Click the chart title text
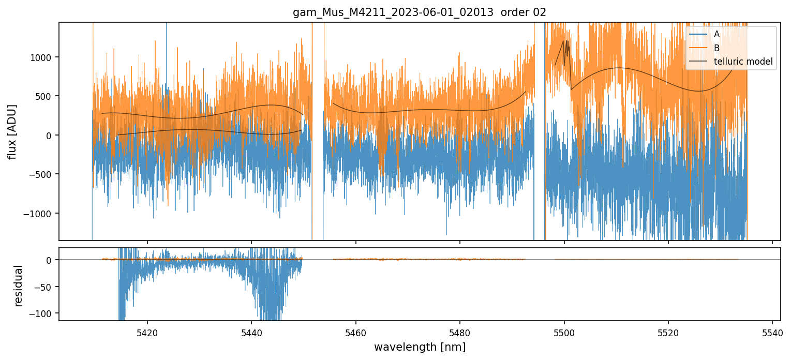(420, 12)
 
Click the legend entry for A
(717, 34)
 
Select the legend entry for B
(717, 48)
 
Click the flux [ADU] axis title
(12, 131)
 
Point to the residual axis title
(19, 286)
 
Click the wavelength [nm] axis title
(420, 347)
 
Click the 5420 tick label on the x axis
(147, 332)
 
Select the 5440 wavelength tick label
(251, 332)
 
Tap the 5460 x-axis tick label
(356, 332)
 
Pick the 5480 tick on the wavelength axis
(460, 332)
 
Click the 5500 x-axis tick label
(564, 332)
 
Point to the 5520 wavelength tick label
(668, 332)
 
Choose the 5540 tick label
(772, 332)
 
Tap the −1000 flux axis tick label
(41, 214)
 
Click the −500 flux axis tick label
(43, 174)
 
